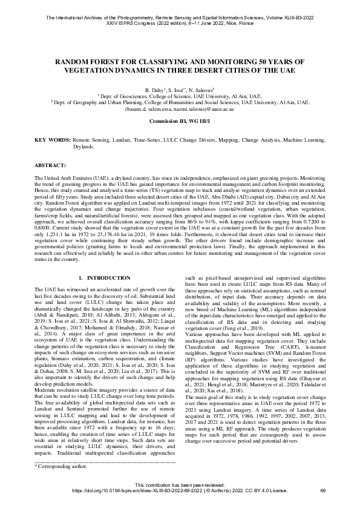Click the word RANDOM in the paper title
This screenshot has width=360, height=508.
(74, 62)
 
